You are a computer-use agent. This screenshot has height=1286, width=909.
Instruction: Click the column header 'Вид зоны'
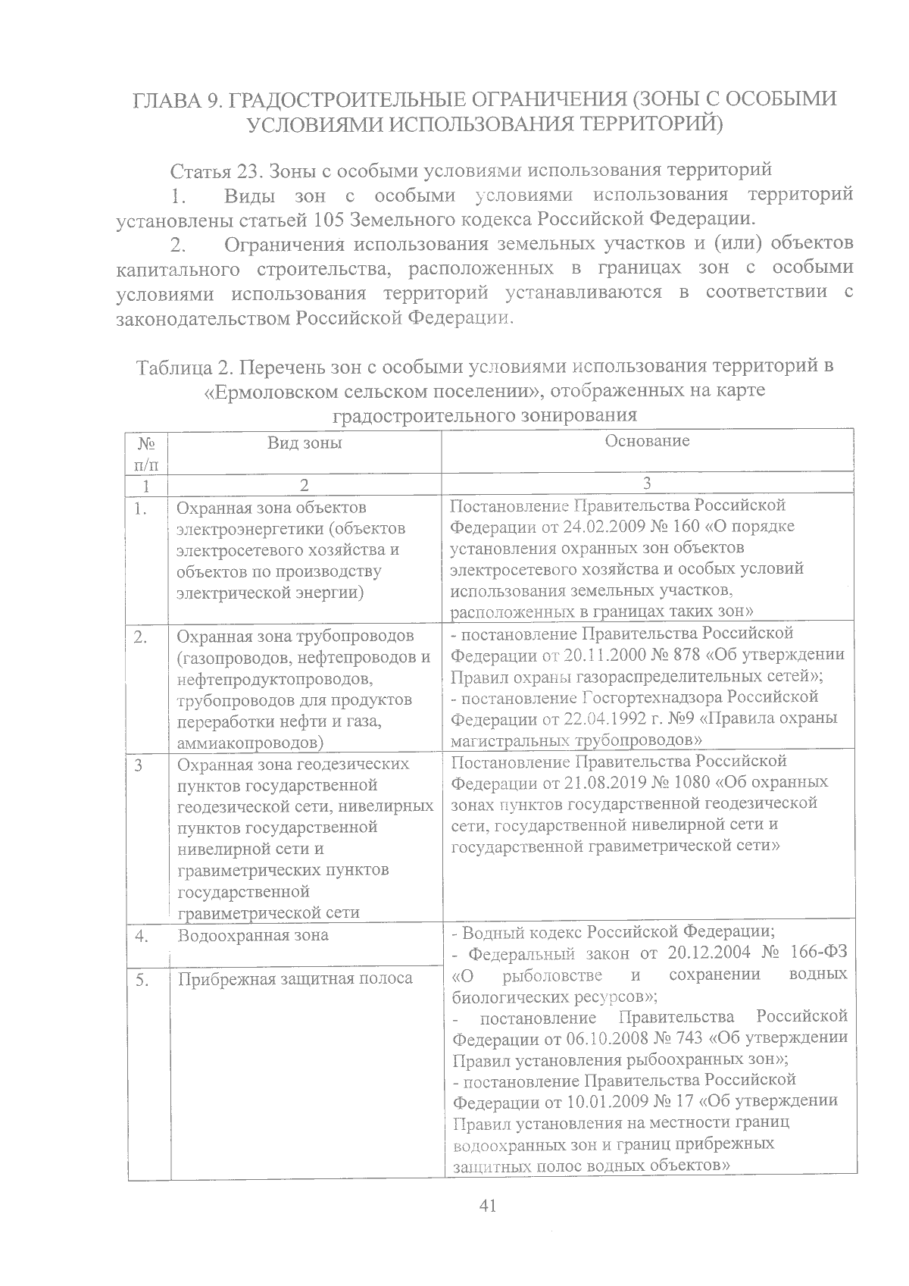tap(305, 443)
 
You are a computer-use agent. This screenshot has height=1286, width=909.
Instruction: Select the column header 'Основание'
tap(647, 441)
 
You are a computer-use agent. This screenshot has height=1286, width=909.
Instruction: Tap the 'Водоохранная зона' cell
tap(253, 935)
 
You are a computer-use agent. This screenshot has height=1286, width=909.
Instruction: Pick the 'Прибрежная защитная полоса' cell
tap(295, 978)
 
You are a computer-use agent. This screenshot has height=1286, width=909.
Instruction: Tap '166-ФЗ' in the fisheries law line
tap(821, 953)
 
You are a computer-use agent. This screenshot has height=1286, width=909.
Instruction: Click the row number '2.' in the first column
tap(140, 636)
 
